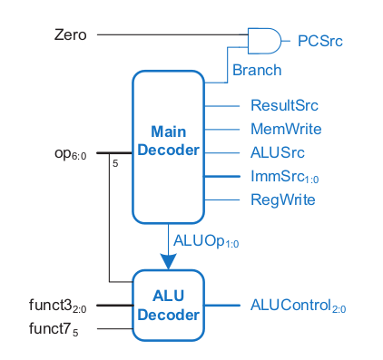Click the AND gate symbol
point(263,39)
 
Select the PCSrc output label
point(319,40)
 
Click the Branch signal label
point(256,69)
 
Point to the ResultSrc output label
point(285,105)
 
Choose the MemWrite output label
point(285,129)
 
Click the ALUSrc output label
point(278,152)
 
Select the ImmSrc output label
point(283,176)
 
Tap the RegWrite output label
point(282,199)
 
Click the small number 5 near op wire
point(115,164)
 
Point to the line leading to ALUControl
point(222,306)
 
